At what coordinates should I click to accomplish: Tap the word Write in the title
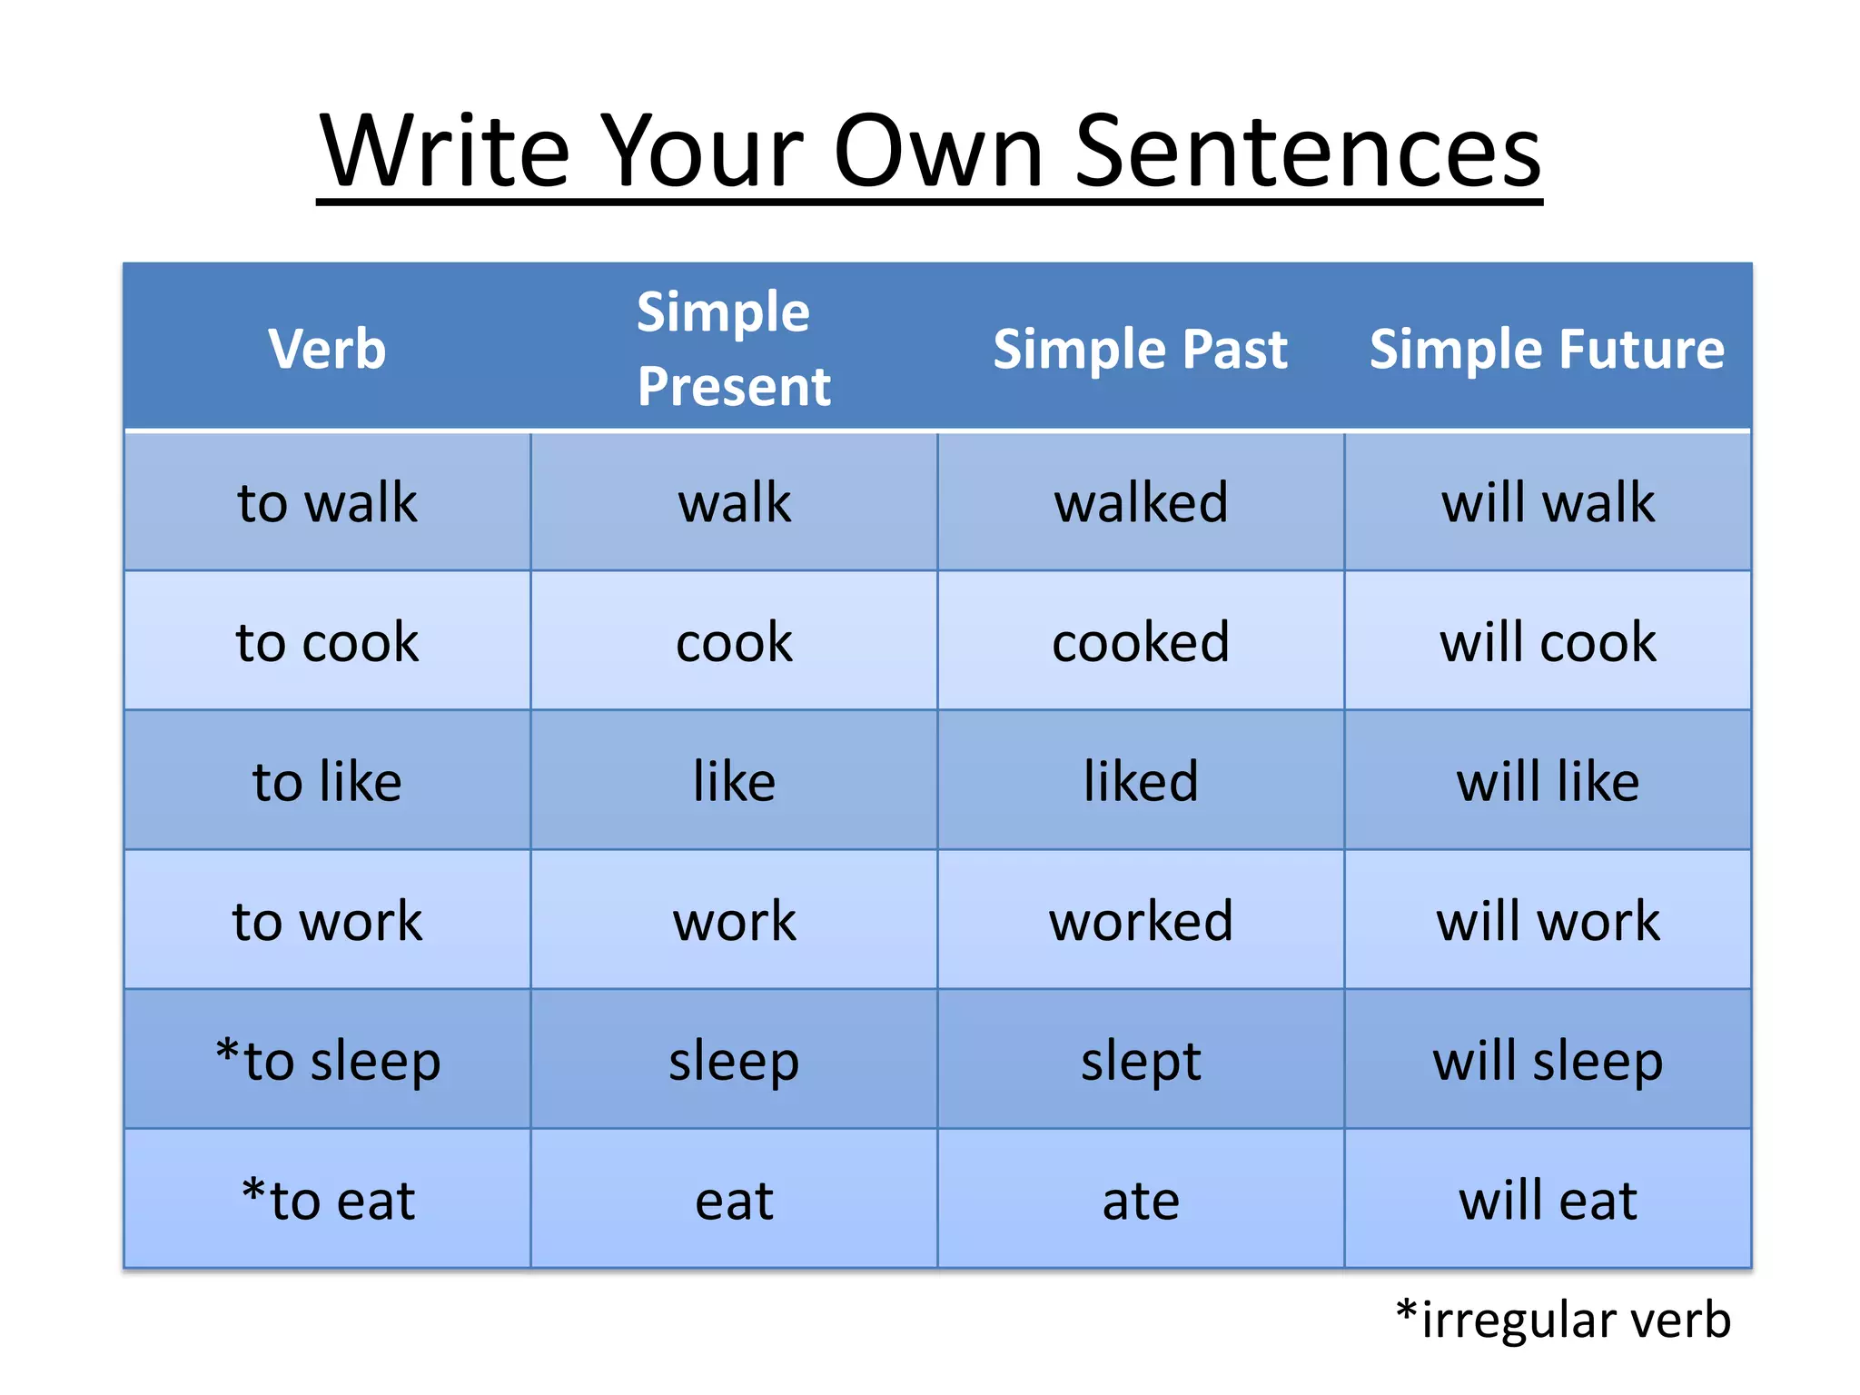pos(445,153)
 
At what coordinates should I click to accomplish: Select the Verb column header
pos(327,349)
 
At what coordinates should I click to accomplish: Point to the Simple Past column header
pos(1140,350)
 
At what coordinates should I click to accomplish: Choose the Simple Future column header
pos(1547,350)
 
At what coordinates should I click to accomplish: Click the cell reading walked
pos(1141,502)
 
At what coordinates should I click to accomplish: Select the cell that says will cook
pos(1548,642)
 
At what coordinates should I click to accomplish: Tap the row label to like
pos(327,782)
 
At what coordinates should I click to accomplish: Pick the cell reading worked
pos(1141,921)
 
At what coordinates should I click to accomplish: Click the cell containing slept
pos(1141,1061)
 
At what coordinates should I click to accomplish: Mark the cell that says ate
pos(1141,1201)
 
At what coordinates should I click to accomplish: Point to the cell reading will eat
pos(1548,1201)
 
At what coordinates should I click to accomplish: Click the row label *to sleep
pos(327,1061)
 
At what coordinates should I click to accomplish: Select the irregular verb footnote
pos(1563,1320)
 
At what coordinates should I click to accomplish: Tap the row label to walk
pos(327,502)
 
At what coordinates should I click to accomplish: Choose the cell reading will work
pos(1548,921)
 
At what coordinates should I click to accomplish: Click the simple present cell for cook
pos(734,642)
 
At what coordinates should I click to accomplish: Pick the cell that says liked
pos(1141,782)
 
